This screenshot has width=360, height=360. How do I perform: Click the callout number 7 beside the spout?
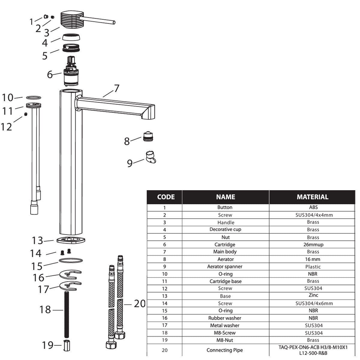coord(117,88)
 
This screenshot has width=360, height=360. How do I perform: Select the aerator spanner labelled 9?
coord(151,157)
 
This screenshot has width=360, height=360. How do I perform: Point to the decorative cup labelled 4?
coord(71,37)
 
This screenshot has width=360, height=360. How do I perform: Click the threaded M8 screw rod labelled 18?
coord(67,314)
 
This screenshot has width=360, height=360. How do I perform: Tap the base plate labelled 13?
coord(71,240)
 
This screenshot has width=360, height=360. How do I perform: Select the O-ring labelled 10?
coord(34,97)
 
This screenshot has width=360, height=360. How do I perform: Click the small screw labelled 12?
coord(26,114)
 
